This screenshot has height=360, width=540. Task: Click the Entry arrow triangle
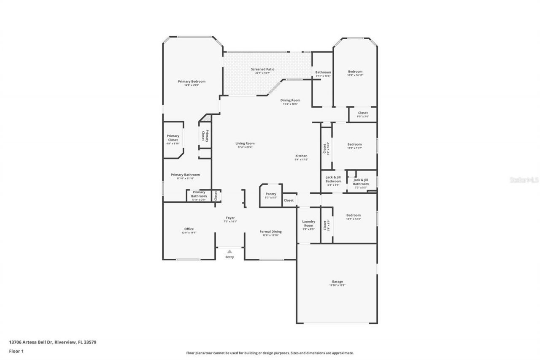[x=229, y=252]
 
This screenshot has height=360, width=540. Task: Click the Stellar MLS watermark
[x=524, y=180]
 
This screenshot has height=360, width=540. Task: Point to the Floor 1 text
[x=16, y=351]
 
